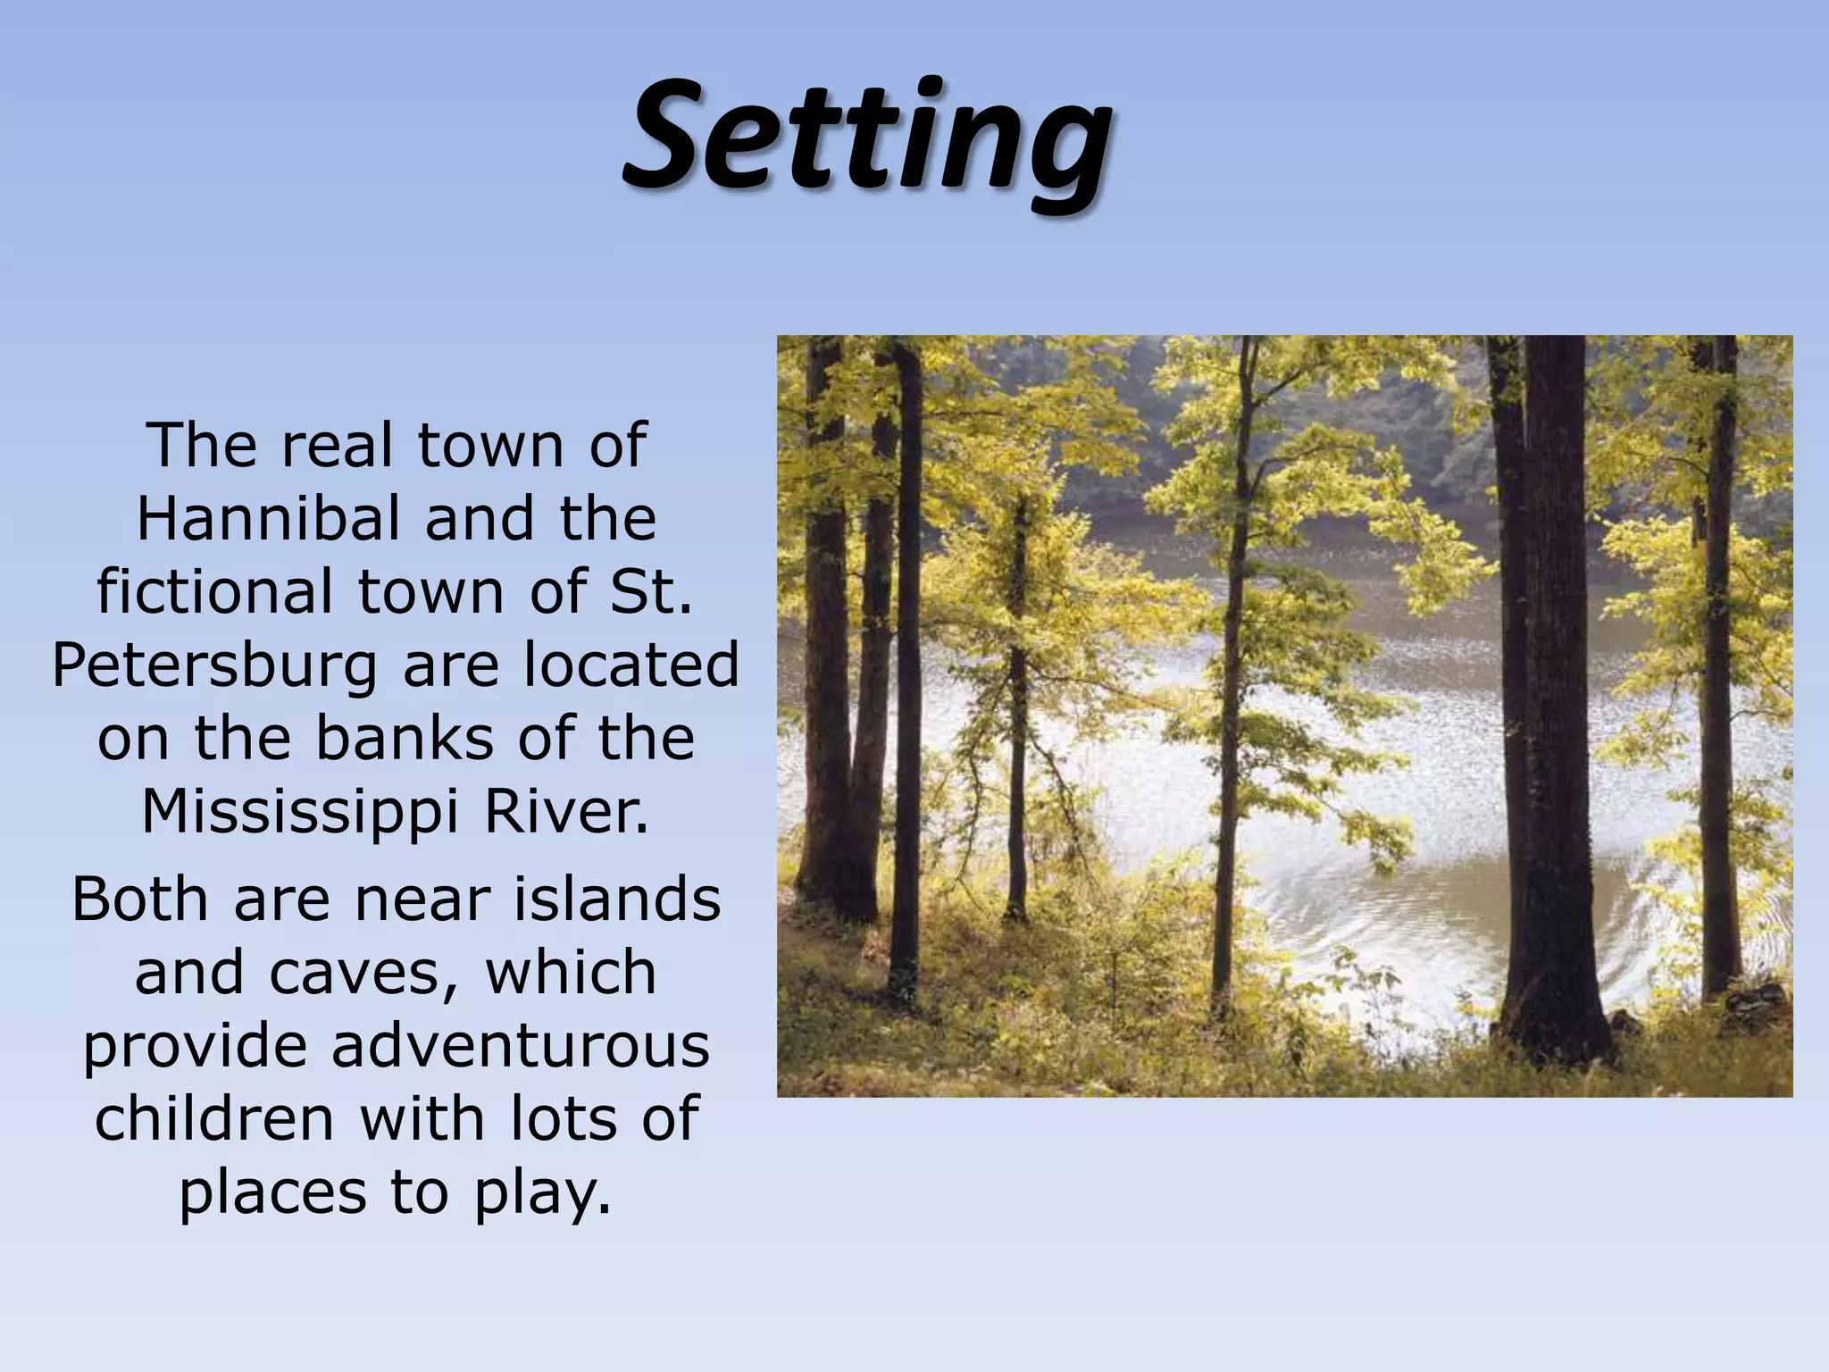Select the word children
point(214,1118)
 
